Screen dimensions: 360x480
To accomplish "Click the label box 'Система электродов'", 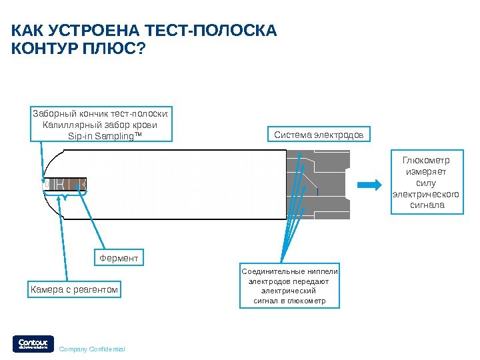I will tap(319, 135).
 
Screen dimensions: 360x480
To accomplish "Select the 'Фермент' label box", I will tap(119, 258).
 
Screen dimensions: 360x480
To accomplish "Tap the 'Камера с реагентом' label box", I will tap(75, 289).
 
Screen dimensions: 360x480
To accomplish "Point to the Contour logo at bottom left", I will tap(30, 343).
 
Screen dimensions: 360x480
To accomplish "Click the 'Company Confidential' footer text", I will tap(92, 349).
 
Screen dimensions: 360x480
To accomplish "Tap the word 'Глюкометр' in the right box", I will tap(426, 161).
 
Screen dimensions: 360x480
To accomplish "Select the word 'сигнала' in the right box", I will tap(427, 205).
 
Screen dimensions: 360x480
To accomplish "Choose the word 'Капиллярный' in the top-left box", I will tap(68, 125).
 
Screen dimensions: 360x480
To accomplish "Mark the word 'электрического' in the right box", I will tap(426, 194).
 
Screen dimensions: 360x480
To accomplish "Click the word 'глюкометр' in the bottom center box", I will tap(306, 301).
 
